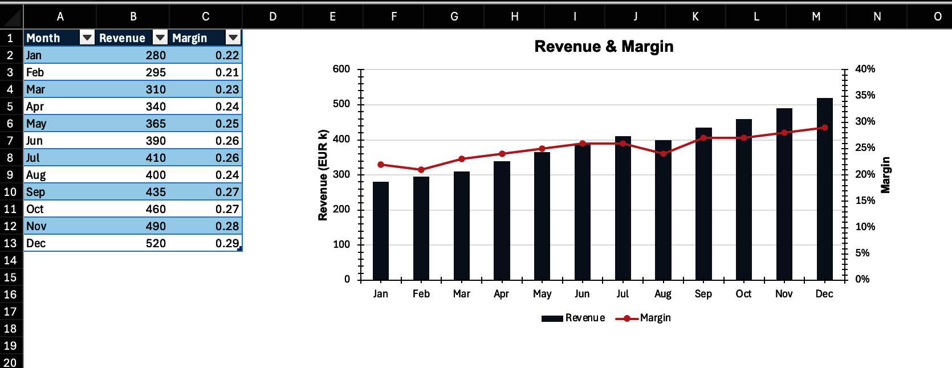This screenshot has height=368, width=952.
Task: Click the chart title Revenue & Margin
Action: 604,47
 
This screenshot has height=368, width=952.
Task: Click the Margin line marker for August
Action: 663,154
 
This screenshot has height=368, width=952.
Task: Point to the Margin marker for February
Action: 421,170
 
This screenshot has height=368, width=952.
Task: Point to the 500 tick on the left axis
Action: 341,104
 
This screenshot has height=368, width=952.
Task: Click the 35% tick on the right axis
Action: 865,95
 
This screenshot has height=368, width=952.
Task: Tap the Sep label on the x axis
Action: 703,294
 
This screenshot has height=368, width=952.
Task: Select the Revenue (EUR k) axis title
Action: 323,175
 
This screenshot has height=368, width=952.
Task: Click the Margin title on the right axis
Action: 885,175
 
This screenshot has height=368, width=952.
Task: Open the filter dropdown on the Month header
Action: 87,38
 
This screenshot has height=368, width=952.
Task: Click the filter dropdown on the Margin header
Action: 233,38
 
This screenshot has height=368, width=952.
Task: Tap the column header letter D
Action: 272,17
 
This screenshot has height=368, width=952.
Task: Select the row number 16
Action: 10,295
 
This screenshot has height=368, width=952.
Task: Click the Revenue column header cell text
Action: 122,38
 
